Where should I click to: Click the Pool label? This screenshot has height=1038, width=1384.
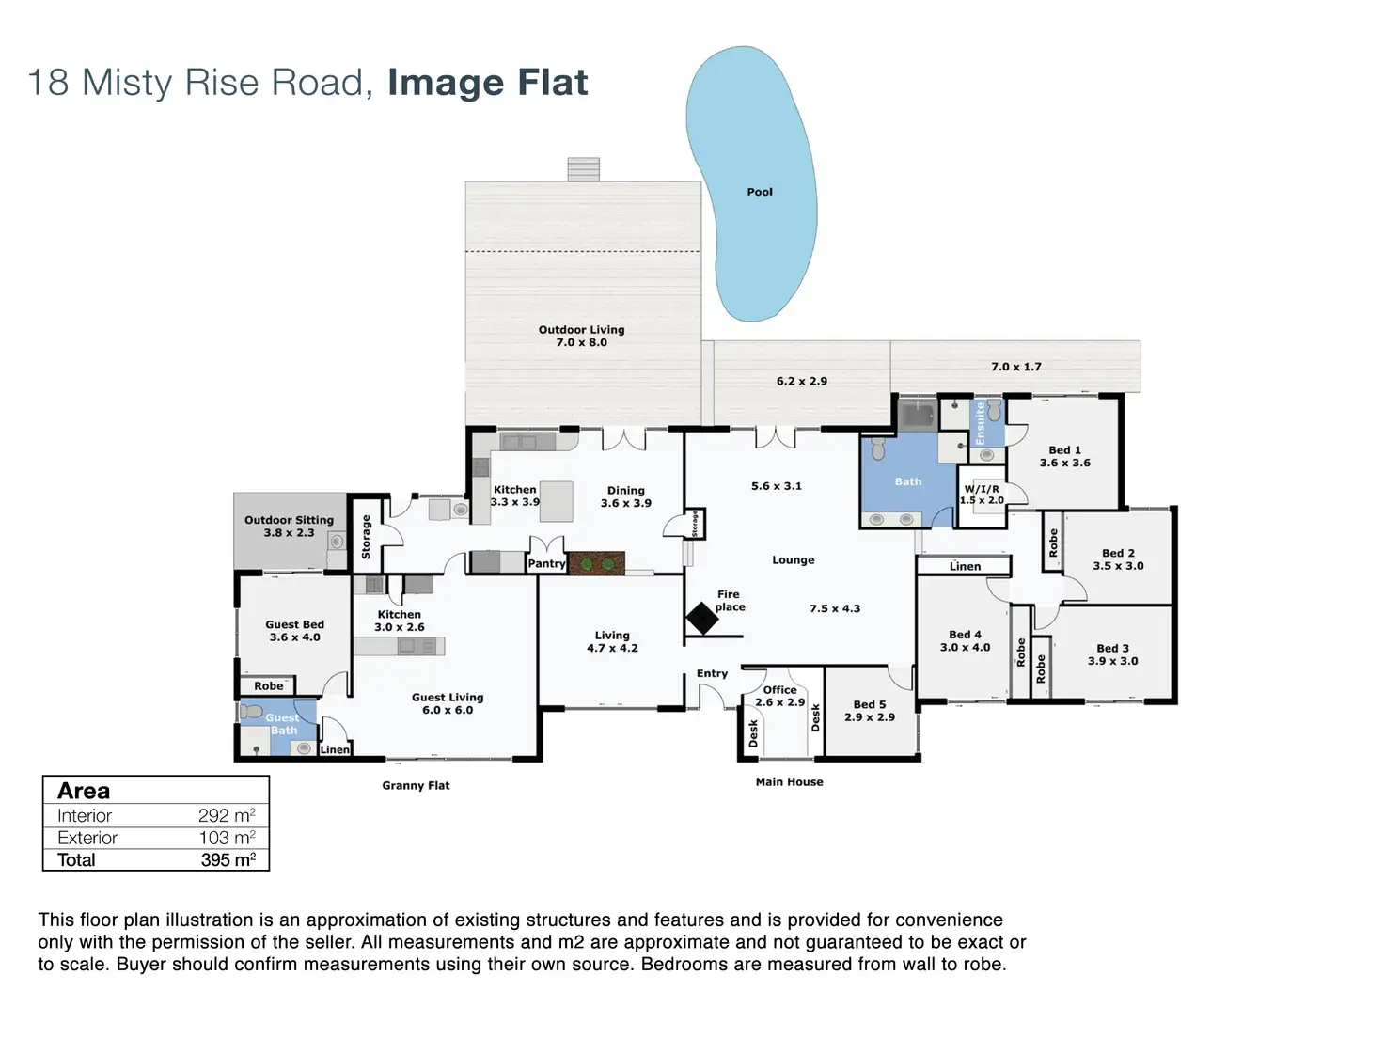point(759,192)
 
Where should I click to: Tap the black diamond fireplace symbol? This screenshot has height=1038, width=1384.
point(701,619)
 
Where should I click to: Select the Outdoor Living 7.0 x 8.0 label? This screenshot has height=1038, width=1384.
point(581,336)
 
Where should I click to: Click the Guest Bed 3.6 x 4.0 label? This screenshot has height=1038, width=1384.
point(294,631)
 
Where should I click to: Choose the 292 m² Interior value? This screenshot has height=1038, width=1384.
point(227,815)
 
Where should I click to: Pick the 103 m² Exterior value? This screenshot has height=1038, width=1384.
point(227,838)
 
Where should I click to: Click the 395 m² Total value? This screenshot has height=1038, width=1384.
point(228,859)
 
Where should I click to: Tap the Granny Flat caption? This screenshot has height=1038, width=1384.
point(416,785)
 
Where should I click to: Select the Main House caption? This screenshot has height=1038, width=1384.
point(790,781)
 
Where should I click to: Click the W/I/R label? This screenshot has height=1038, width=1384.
point(982,489)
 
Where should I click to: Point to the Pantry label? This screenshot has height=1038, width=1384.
point(546,563)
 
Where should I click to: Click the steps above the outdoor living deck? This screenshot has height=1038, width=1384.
point(583,169)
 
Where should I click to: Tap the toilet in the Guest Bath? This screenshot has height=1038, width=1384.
point(252,712)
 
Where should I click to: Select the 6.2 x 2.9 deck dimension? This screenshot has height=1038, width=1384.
point(801,382)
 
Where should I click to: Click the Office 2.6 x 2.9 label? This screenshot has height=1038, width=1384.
point(780,696)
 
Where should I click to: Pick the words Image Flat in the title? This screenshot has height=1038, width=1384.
point(487,83)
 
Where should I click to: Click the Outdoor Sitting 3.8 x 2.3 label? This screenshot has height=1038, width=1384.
point(289,527)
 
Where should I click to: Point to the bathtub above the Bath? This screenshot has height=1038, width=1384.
point(918,416)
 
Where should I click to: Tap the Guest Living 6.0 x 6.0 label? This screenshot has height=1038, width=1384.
point(447,703)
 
